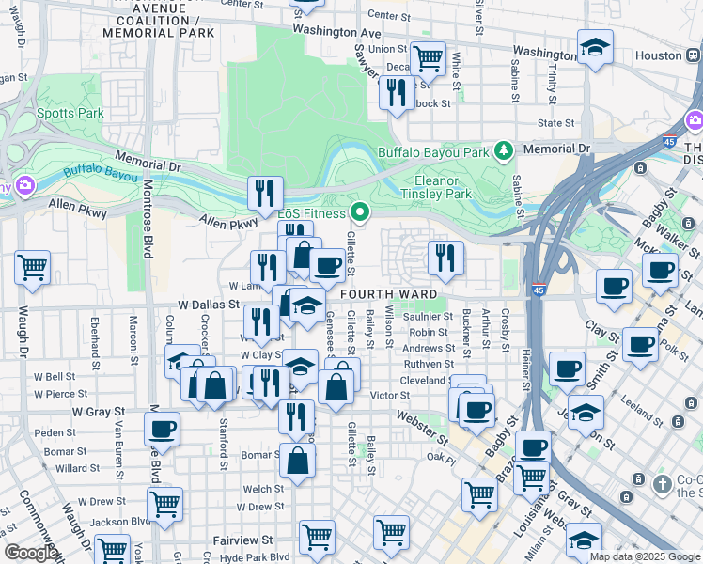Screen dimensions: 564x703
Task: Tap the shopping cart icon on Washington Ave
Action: pos(428,58)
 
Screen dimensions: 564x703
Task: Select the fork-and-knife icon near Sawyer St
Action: pos(396,92)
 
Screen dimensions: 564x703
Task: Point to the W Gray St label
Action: pos(99,412)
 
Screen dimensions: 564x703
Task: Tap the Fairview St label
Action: pos(242,540)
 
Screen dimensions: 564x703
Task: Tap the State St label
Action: pos(555,123)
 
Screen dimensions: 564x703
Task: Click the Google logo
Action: pos(31,553)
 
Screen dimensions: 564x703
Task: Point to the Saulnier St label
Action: pos(430,317)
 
